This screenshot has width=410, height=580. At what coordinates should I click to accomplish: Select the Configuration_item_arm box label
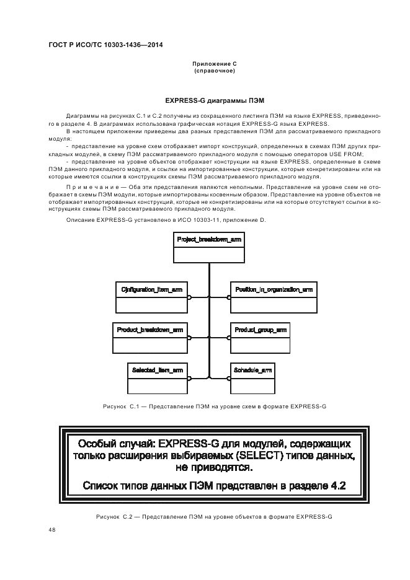coord(152,289)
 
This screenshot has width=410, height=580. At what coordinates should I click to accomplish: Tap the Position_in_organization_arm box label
coord(274,289)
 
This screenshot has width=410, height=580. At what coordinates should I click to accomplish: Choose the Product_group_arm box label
coord(261,330)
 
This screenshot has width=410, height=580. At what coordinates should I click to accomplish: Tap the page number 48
coord(51,530)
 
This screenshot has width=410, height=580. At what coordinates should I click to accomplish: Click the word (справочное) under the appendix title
coord(215,71)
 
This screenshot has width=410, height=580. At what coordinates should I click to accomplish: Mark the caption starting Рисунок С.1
coord(215,406)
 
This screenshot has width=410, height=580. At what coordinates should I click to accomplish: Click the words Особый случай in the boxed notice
coord(116,444)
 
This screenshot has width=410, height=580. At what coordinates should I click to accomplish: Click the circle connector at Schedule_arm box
coord(230,377)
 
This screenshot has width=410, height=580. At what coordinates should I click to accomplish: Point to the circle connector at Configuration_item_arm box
coord(190,297)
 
